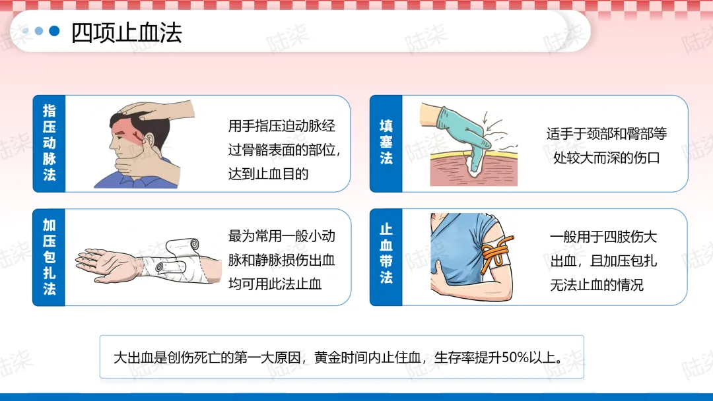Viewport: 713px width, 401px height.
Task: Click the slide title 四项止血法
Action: (x=126, y=33)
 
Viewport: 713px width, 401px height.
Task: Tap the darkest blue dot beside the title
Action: (x=54, y=31)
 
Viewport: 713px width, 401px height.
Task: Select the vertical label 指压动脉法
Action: (x=49, y=142)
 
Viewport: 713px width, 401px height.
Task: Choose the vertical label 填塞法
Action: (x=386, y=142)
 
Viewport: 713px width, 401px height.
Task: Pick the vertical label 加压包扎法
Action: (x=49, y=257)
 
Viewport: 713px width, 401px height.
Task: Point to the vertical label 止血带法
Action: (x=386, y=253)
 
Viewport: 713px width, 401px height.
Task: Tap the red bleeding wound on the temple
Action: (x=136, y=135)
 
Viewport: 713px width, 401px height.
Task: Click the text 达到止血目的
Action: (x=268, y=174)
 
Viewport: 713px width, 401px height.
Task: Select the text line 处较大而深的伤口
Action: (x=606, y=158)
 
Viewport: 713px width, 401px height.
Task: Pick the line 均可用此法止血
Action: (x=275, y=284)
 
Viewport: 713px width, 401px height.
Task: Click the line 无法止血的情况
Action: (x=597, y=285)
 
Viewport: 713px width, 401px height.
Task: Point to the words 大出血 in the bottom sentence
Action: (x=133, y=357)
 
